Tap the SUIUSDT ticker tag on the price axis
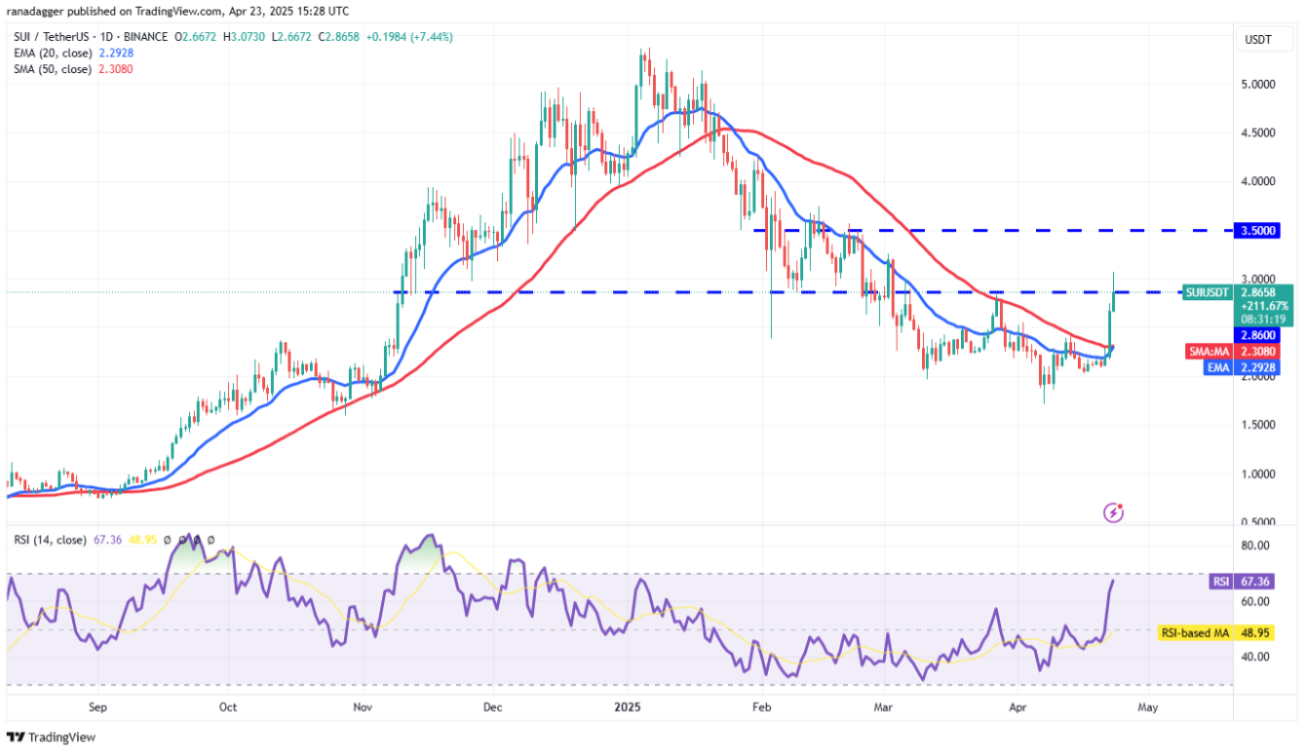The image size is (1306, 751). coord(1207,291)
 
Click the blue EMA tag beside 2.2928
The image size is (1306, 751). coord(1218,367)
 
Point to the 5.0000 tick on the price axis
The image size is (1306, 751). coord(1258,85)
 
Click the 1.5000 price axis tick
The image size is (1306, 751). coord(1258,426)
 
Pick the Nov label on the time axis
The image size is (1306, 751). coord(362,708)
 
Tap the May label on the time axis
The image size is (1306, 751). coord(1148,708)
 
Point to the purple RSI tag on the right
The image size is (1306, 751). coord(1218,582)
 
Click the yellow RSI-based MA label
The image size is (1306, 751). coord(1195,633)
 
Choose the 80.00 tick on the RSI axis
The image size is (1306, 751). coord(1255,545)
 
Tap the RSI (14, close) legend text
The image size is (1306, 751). coord(49,539)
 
